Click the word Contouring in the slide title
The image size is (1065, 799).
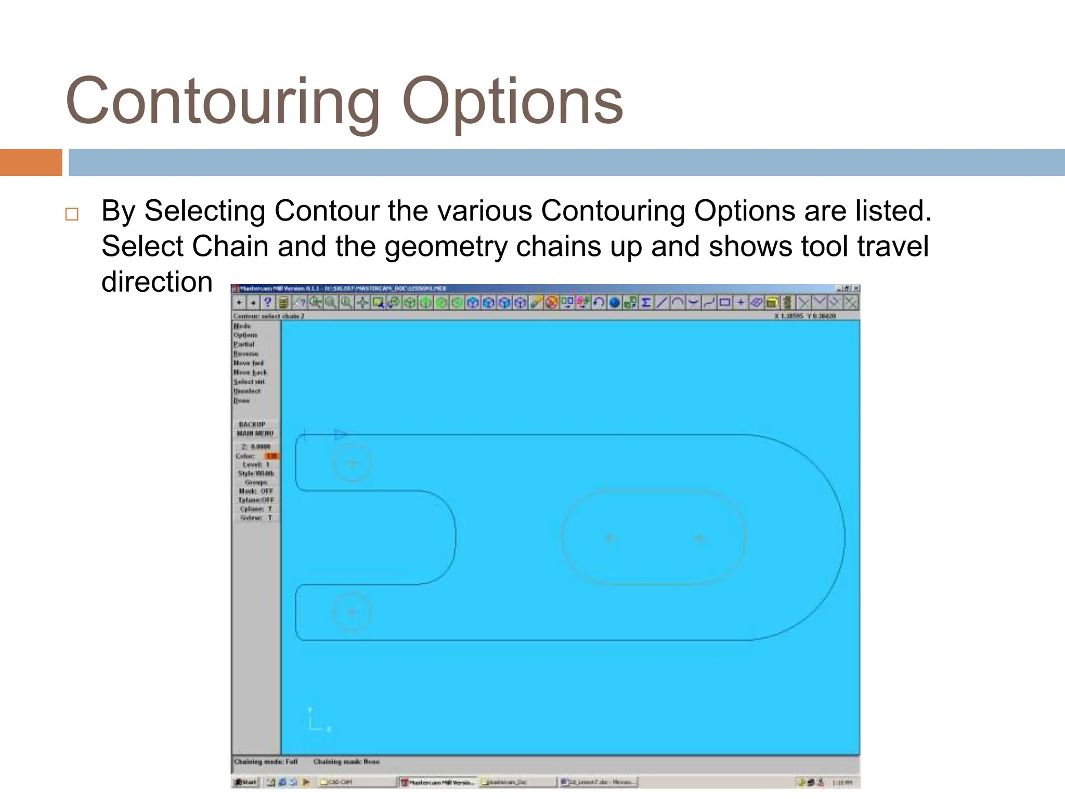click(x=224, y=101)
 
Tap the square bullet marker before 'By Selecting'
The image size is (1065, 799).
click(x=72, y=214)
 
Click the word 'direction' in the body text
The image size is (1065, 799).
click(x=157, y=282)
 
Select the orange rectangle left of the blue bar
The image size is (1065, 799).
click(x=31, y=162)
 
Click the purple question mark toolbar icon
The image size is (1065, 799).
click(x=268, y=302)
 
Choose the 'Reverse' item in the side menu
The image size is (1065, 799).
click(x=246, y=354)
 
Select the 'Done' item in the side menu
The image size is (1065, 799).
click(x=242, y=401)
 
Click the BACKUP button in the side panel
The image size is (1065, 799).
click(x=252, y=424)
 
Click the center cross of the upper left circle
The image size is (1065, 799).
click(x=353, y=463)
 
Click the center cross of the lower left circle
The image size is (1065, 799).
click(x=353, y=612)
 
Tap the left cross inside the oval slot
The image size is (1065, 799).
click(x=610, y=538)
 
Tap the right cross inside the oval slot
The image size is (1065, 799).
click(x=699, y=538)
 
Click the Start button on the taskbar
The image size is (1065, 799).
click(x=245, y=782)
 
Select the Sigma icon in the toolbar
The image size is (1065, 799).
click(x=646, y=302)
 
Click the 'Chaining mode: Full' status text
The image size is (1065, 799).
click(x=266, y=762)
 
